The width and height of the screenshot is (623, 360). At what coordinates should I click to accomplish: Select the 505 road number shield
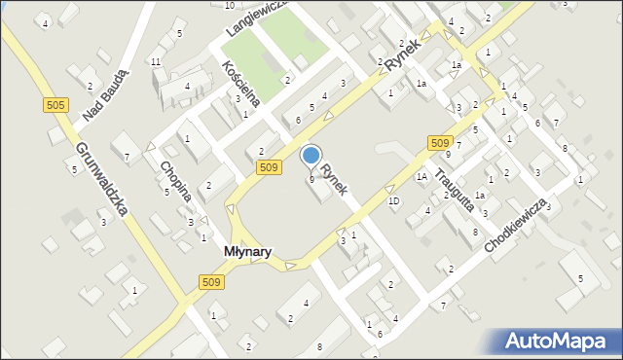coord(55,105)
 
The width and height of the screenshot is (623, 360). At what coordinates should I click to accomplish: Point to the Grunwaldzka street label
coord(101,182)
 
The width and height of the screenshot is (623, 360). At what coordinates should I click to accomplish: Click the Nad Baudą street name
coord(106,97)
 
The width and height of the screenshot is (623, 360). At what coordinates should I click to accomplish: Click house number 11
coord(156,62)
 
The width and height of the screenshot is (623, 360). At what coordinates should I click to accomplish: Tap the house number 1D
coord(393,201)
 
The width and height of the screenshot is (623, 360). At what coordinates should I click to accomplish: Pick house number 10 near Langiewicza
coord(229,5)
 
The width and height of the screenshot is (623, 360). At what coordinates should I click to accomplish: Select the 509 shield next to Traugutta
coord(438,143)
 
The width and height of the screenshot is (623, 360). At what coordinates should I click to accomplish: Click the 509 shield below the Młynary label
coord(212,281)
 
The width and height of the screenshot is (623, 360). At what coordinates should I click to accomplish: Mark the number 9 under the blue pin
coord(311,179)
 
